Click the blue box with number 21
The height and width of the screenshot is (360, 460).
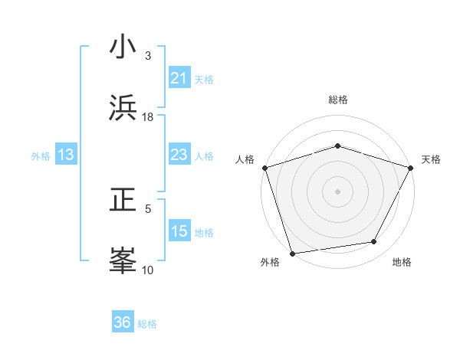(x=179, y=77)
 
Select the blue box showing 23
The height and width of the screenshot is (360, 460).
(x=179, y=155)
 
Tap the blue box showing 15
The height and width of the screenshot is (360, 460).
(x=179, y=231)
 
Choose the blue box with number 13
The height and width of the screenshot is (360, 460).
(x=65, y=155)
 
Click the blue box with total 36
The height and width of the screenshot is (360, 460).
(x=123, y=322)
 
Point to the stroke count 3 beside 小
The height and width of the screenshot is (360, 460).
(x=148, y=56)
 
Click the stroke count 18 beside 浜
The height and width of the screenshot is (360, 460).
(x=148, y=116)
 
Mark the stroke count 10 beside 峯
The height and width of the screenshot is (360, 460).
(x=148, y=270)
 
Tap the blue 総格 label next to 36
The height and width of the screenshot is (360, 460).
(x=147, y=324)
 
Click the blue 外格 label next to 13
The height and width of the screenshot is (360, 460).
(x=41, y=155)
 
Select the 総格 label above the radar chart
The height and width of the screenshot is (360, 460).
(x=338, y=100)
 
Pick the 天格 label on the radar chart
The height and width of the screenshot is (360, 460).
(x=431, y=159)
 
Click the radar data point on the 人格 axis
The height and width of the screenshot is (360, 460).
(x=264, y=167)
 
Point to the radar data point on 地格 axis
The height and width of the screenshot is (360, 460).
(x=374, y=241)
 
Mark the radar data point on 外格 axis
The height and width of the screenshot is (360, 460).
(x=293, y=253)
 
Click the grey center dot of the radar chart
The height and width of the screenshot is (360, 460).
(x=337, y=191)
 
